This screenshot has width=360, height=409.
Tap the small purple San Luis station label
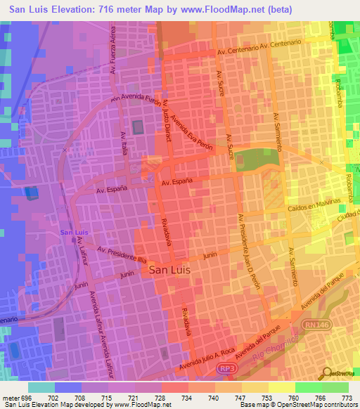pyautogui.click(x=74, y=233)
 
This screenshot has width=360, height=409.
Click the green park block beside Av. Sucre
pyautogui.click(x=256, y=160)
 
